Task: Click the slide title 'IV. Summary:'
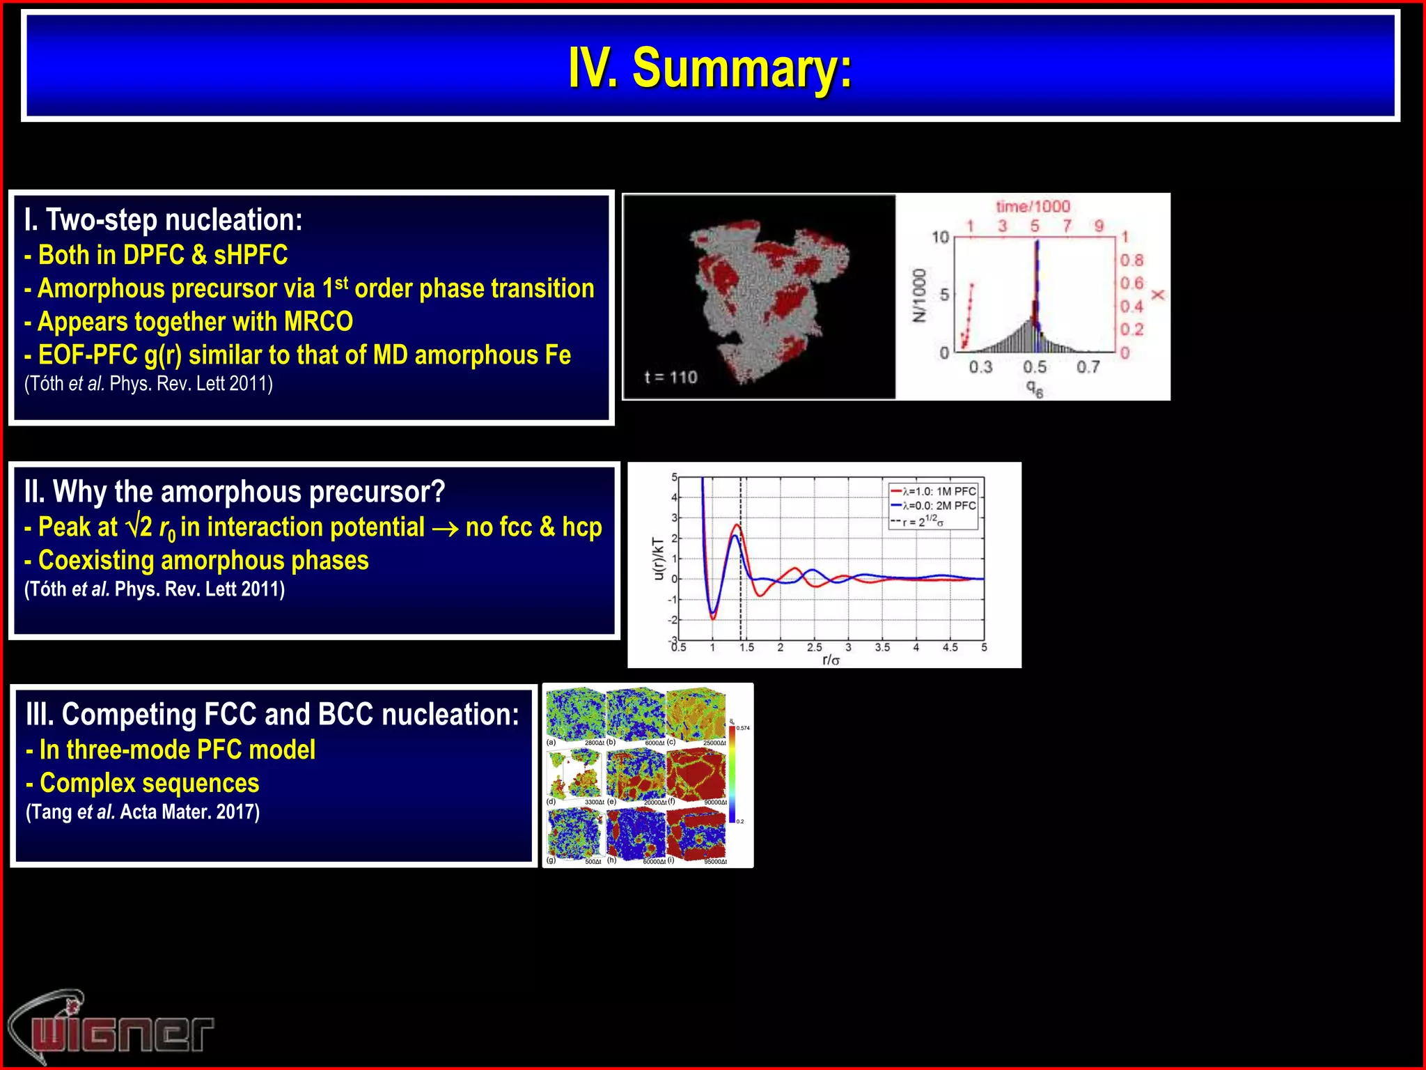click(710, 68)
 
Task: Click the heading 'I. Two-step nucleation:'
click(164, 220)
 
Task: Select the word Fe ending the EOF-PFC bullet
click(557, 355)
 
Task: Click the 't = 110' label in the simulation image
click(671, 378)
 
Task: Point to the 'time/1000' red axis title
click(1033, 206)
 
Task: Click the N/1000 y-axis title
click(920, 295)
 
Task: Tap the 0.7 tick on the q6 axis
click(1088, 366)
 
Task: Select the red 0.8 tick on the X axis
click(1131, 261)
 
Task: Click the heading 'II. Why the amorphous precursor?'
click(235, 492)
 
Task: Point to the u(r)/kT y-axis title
click(658, 559)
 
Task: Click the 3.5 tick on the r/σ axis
click(882, 648)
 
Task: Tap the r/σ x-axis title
click(831, 660)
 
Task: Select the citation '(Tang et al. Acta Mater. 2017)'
click(143, 812)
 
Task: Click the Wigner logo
click(111, 1028)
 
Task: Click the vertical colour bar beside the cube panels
click(732, 773)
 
